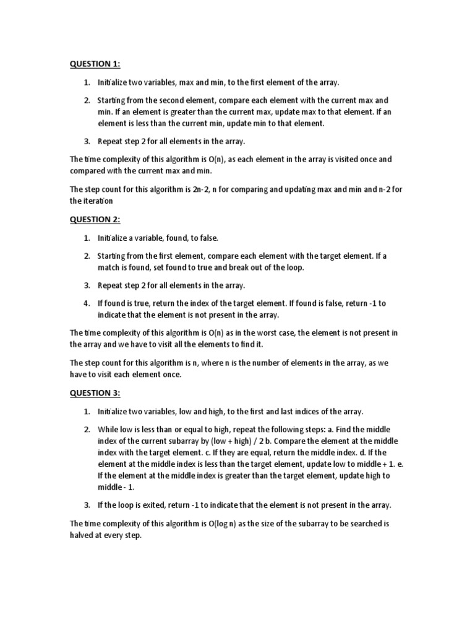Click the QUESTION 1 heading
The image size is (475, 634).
pyautogui.click(x=95, y=64)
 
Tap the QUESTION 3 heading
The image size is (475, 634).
pyautogui.click(x=95, y=393)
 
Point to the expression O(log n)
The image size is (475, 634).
pyautogui.click(x=221, y=524)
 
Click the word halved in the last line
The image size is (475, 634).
pyautogui.click(x=82, y=536)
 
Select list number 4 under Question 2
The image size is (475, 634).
pyautogui.click(x=87, y=303)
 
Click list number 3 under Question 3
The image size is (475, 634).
pyautogui.click(x=87, y=505)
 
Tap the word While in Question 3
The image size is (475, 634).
pyautogui.click(x=108, y=429)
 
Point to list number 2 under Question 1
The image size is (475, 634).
pyautogui.click(x=87, y=100)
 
